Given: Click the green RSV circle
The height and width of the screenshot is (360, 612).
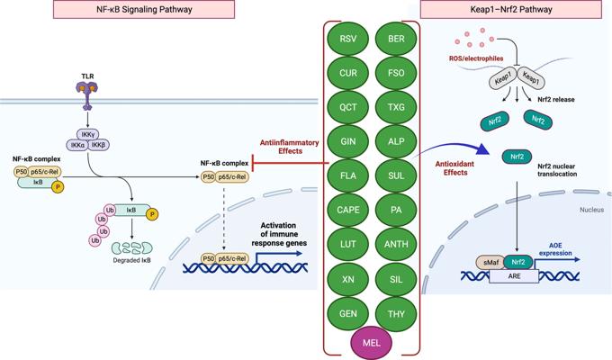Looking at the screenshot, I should [x=348, y=40].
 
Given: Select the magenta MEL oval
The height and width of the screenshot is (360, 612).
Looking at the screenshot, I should [x=370, y=342].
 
